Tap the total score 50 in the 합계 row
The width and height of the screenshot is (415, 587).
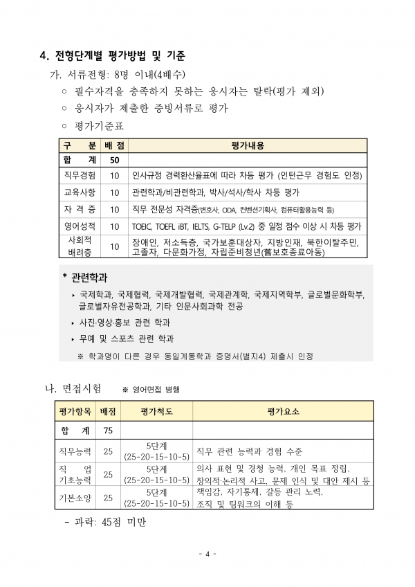click(115, 160)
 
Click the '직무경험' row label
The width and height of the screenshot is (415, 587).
click(80, 176)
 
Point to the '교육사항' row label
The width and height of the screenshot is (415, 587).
click(80, 192)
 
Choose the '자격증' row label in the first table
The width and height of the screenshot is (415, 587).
click(80, 209)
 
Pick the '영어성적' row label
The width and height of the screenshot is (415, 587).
click(80, 226)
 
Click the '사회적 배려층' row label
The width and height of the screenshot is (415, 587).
click(80, 246)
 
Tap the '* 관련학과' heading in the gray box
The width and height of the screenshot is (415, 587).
click(85, 278)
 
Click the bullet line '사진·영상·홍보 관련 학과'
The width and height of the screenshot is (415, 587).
click(124, 323)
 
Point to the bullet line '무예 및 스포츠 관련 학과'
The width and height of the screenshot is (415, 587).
click(126, 339)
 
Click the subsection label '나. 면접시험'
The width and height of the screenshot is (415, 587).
click(73, 388)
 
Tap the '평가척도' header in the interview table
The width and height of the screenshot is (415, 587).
click(156, 411)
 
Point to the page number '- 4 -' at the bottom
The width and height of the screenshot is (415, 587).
click(207, 554)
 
